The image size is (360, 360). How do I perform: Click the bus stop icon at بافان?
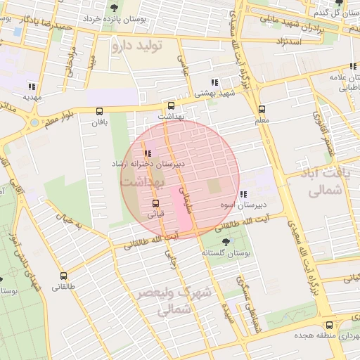coord(98,110)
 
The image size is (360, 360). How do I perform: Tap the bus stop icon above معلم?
coord(262,109)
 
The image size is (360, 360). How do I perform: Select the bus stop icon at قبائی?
coord(155,203)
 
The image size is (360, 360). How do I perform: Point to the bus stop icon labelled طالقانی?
coord(64,276)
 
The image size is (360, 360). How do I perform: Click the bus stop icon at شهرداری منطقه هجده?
coord(330,325)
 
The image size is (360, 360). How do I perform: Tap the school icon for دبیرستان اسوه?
coord(243,195)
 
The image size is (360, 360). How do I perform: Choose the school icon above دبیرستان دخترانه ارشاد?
coord(147,153)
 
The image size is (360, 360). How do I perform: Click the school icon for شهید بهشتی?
coord(214,82)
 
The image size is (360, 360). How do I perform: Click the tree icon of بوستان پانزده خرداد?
coord(114,8)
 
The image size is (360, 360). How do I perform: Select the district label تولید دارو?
coord(136,46)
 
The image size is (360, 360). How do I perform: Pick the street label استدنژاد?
coord(285,43)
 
